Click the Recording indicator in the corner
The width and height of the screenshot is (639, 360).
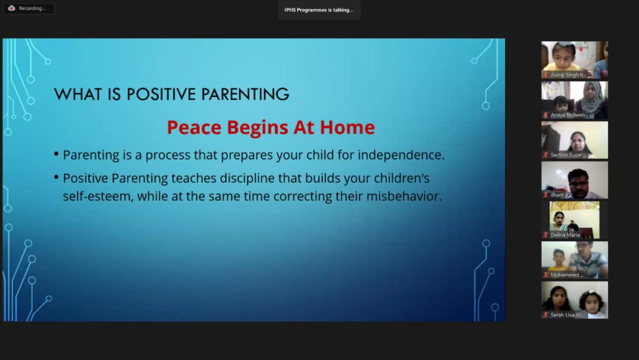[x=28, y=8]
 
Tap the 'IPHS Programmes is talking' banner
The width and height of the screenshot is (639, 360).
[x=319, y=10]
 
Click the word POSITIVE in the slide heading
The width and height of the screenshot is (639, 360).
[x=162, y=94]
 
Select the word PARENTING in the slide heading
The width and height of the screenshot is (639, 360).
[x=246, y=94]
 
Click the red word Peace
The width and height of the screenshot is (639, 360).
[x=195, y=127]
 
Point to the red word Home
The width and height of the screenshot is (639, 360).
[x=347, y=127]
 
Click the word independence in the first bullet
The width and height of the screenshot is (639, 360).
[x=401, y=155]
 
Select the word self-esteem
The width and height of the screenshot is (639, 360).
[x=98, y=196]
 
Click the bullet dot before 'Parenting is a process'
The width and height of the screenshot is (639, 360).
[x=56, y=154]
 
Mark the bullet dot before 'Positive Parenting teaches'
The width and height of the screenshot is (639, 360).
[x=56, y=177]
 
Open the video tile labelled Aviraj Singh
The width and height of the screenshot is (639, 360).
[x=575, y=60]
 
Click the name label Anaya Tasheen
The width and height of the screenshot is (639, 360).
[x=567, y=115]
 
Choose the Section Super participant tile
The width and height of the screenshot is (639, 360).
[x=575, y=140]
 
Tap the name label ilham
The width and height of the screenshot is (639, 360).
[x=557, y=195]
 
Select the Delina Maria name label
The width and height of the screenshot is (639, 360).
[x=565, y=235]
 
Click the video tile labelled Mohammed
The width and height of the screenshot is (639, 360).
[x=575, y=260]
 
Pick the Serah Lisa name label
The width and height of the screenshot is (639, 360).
[x=566, y=315]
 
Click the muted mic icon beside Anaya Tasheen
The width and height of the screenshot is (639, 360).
[x=546, y=115]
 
